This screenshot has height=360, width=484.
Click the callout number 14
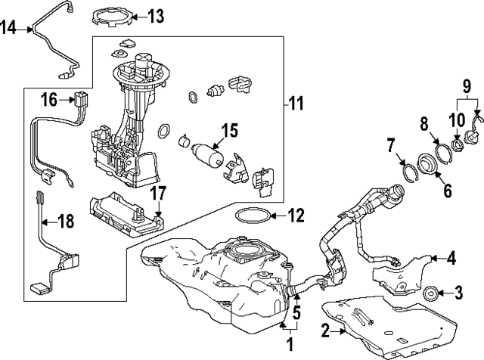coord(9,28)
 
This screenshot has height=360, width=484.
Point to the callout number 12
coord(294,217)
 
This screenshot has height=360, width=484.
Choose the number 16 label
coord(48,98)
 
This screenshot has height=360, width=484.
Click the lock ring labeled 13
coord(112,14)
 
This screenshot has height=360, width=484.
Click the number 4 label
coord(451,258)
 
